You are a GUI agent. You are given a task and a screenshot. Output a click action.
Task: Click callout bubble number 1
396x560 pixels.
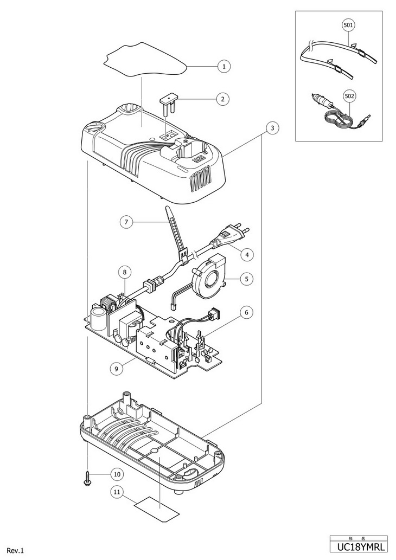[x=224, y=67]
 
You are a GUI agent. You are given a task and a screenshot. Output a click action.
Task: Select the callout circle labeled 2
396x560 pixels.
[x=222, y=99]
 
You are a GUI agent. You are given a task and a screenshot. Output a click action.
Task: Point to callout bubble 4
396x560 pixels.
[x=247, y=255]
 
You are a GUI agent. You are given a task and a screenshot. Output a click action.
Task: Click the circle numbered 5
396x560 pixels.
[x=247, y=278]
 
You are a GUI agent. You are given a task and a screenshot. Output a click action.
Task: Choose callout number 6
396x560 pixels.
[x=247, y=312]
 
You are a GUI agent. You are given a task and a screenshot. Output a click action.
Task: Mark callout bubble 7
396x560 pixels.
[x=126, y=222]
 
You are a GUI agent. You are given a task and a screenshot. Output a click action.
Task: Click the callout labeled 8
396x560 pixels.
[x=125, y=273]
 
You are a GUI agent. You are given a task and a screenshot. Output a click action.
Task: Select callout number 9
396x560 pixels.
[x=117, y=368]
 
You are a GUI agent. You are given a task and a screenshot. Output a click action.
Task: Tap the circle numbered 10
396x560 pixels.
[x=117, y=474]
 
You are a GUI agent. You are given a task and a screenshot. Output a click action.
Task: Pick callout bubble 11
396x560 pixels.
[x=117, y=492]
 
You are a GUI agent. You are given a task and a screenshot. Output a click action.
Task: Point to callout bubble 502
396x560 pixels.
[x=349, y=96]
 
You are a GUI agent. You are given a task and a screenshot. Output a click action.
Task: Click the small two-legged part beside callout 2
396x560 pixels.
[x=169, y=102]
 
